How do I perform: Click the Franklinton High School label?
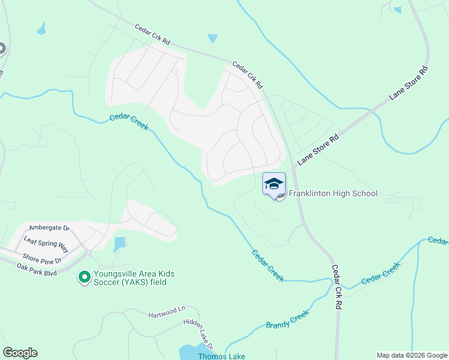tap(333, 193)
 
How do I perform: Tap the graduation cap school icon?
tap(274, 184)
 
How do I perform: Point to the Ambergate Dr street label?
tap(50, 229)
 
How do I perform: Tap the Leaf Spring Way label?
tap(46, 242)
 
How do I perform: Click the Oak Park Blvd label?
tap(36, 270)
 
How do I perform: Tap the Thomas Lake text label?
tap(222, 356)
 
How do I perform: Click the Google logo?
tap(20, 353)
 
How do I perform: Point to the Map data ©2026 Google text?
tap(411, 355)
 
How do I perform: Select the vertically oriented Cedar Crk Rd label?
tap(337, 288)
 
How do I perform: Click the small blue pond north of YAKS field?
tap(120, 244)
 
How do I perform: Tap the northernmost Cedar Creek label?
tap(128, 122)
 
